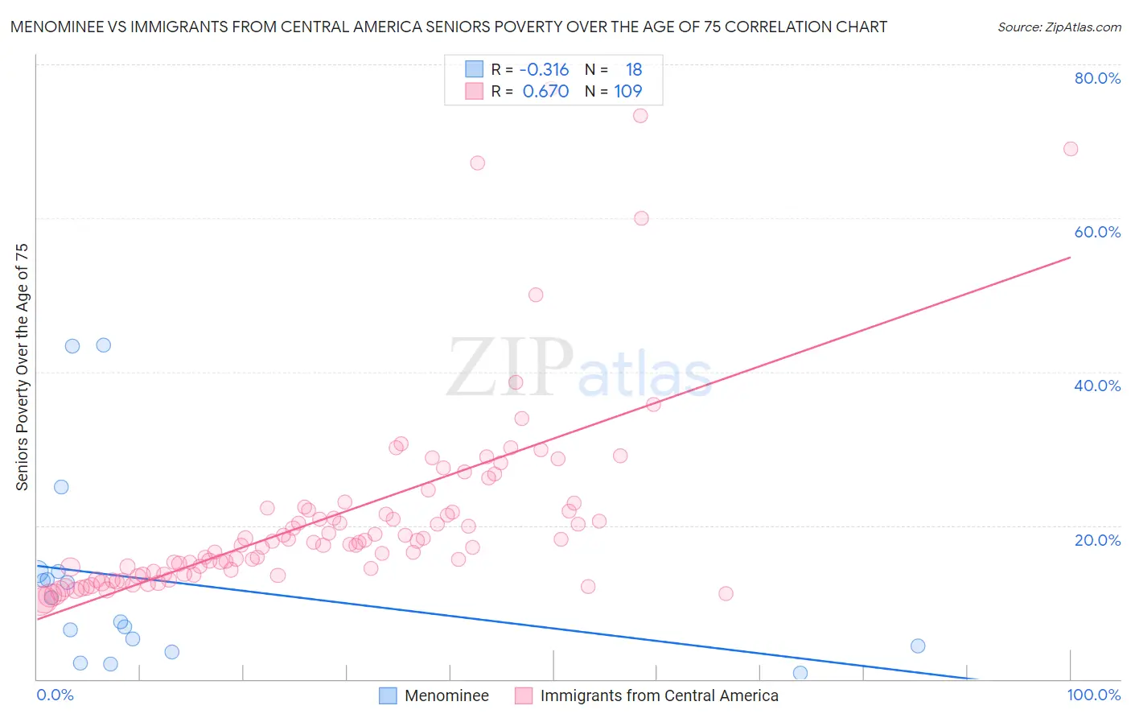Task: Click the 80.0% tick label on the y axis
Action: (x=1097, y=78)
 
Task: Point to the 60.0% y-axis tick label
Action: (x=1097, y=232)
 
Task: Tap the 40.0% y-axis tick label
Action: (x=1097, y=386)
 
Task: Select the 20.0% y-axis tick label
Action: (x=1097, y=539)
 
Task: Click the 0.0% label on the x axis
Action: (x=55, y=695)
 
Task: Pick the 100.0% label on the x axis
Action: (x=1093, y=695)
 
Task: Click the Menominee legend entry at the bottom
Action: (x=446, y=695)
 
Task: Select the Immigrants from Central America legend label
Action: (x=659, y=695)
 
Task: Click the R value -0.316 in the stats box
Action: (x=544, y=70)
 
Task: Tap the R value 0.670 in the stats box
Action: (x=545, y=92)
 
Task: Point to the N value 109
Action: (x=628, y=92)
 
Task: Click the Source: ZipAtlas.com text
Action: (x=1059, y=27)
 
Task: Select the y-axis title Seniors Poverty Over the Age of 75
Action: (x=23, y=367)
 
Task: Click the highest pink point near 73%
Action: (x=640, y=115)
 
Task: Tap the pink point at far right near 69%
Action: (x=1071, y=149)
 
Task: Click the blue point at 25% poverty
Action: (x=61, y=487)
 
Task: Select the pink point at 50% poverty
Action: (x=536, y=295)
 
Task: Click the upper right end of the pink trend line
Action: (x=1070, y=258)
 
